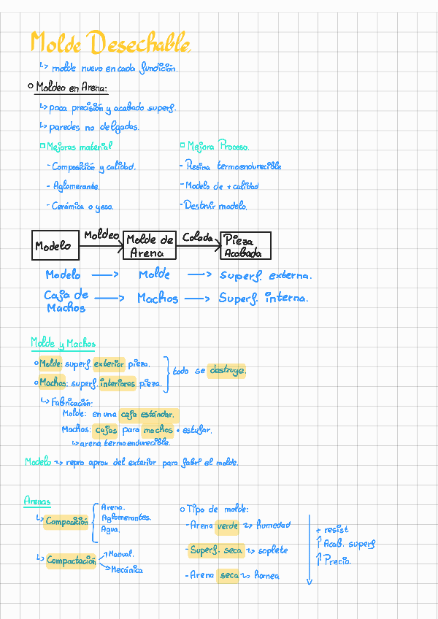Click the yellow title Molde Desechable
point(111,43)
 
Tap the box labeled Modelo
point(55,246)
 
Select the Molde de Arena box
point(150,246)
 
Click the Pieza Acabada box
point(245,246)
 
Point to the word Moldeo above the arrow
point(101,235)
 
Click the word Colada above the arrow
point(197,237)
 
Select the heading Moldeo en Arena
point(72,88)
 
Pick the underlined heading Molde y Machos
point(63,343)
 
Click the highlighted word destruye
point(227,370)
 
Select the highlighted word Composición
point(66,522)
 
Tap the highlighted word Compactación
point(71,561)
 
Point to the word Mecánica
point(127,569)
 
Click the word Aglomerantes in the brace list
point(126,518)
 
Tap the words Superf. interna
point(263,298)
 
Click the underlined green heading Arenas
point(37,501)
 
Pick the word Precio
point(337,561)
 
